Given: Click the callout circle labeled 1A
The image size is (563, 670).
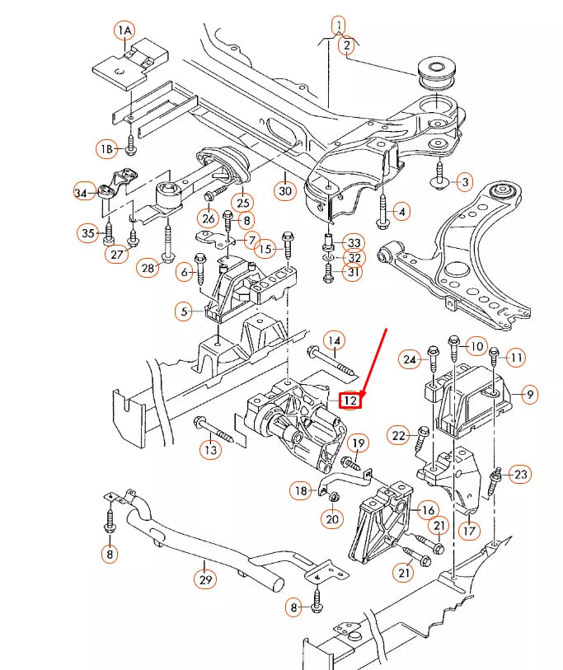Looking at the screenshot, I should coord(124,31).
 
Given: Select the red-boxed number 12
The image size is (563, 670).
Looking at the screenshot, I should coord(350,400).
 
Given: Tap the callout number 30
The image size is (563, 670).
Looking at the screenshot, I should coord(284,192).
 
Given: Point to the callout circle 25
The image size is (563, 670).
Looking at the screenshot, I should coord(242,202).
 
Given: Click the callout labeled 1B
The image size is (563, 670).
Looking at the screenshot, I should coord(106,149).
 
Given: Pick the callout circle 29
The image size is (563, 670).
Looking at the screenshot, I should coord(205,580).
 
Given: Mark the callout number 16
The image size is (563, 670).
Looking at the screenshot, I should coord(427,512).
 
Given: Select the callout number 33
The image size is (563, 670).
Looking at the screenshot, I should coord(354,243).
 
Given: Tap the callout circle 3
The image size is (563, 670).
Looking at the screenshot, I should coord(465,181).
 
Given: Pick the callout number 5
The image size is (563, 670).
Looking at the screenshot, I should coord(185,312).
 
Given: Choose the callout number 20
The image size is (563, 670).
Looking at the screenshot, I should coord(332,519).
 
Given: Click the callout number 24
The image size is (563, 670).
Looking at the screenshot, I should coord(409,358).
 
